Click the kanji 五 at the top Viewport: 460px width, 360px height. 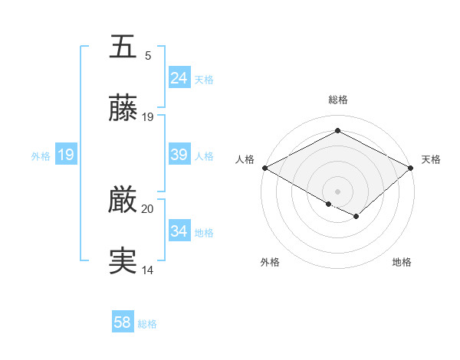tap(123, 47)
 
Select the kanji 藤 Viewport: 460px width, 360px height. tap(123, 109)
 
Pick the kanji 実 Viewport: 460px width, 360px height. tap(123, 261)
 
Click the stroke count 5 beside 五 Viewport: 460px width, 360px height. tap(148, 56)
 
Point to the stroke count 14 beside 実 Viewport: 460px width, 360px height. tap(148, 270)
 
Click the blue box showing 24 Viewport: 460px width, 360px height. tap(179, 78)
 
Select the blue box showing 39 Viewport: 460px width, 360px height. tap(179, 155)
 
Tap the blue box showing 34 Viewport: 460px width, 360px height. tap(179, 231)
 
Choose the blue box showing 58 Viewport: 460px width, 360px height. tap(123, 322)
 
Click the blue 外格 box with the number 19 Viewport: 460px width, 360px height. tap(66, 155)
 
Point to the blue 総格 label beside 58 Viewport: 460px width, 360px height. tap(147, 324)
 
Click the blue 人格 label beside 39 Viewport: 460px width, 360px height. tap(204, 155)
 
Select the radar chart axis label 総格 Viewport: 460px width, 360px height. tap(338, 100)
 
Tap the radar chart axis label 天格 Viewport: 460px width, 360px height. tap(431, 159)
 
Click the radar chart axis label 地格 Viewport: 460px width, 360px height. tap(402, 262)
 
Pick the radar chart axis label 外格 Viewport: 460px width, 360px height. tap(270, 262)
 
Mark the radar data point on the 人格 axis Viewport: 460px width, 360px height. tap(264, 168)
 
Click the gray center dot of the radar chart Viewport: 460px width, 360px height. tap(338, 191)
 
